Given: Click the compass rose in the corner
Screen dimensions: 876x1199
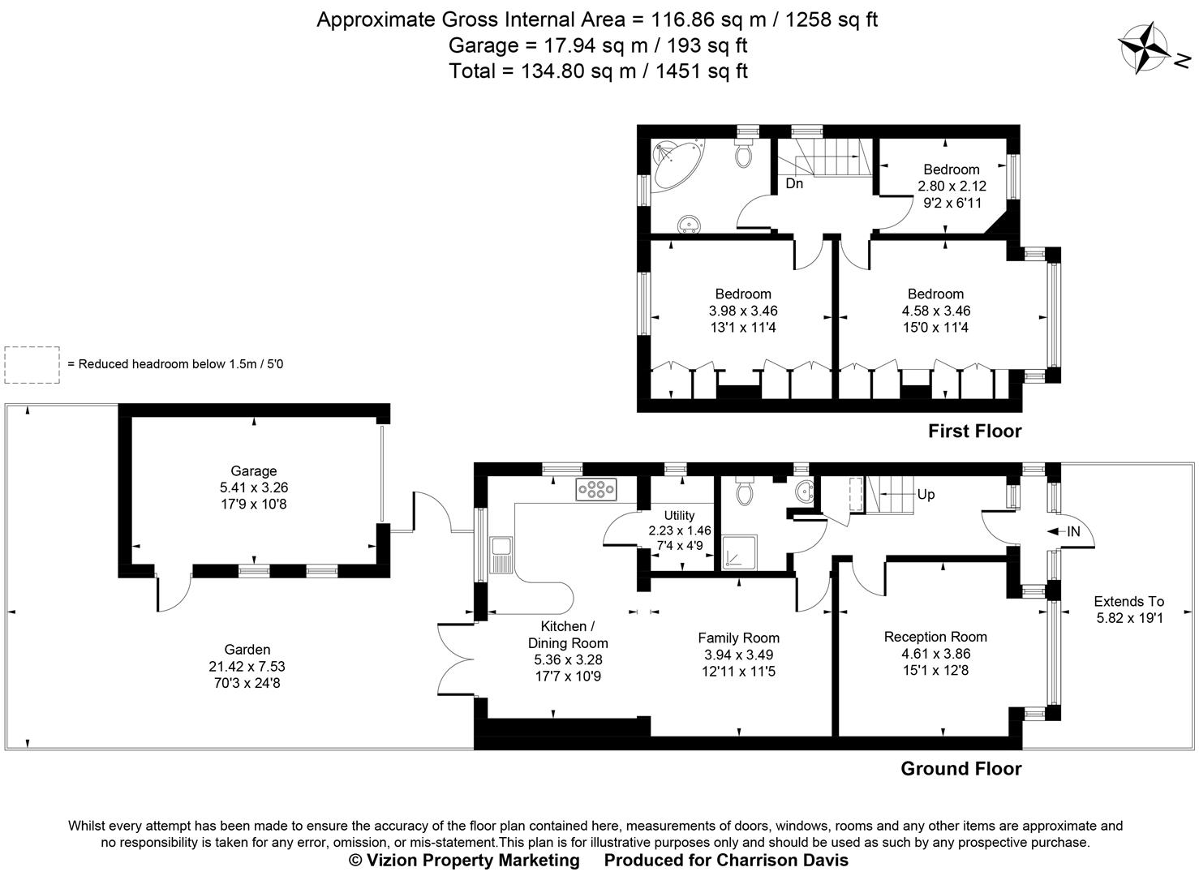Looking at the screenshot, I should pyautogui.click(x=1143, y=48).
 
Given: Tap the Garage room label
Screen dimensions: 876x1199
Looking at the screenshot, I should pyautogui.click(x=253, y=470).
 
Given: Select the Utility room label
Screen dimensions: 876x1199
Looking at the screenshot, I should pyautogui.click(x=679, y=515).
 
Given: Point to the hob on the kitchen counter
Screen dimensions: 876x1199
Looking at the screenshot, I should pyautogui.click(x=596, y=489).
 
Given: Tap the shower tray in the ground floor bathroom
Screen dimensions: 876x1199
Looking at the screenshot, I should pyautogui.click(x=741, y=552).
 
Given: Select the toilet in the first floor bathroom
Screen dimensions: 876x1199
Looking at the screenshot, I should pyautogui.click(x=744, y=152).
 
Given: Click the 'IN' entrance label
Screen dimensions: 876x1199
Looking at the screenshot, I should pyautogui.click(x=1073, y=531).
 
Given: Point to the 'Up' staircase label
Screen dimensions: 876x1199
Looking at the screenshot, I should pyautogui.click(x=926, y=494).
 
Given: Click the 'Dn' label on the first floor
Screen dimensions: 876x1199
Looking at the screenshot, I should pyautogui.click(x=794, y=183).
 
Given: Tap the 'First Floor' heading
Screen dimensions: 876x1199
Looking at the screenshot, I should pyautogui.click(x=974, y=431).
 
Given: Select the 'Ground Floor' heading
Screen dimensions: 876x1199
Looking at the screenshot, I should pyautogui.click(x=960, y=768).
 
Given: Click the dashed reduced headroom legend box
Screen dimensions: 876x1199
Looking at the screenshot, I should pyautogui.click(x=32, y=365).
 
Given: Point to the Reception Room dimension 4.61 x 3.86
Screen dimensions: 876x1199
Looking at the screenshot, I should pyautogui.click(x=935, y=654).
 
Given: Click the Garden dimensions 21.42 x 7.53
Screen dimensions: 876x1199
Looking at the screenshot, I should pyautogui.click(x=247, y=667).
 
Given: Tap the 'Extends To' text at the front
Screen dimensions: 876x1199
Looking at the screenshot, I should pyautogui.click(x=1128, y=601).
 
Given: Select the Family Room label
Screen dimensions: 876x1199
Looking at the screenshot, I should pyautogui.click(x=738, y=638).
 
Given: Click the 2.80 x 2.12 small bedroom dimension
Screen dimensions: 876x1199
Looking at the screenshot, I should pyautogui.click(x=952, y=186).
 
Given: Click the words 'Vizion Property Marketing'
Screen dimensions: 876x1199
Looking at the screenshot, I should pyautogui.click(x=473, y=860).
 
